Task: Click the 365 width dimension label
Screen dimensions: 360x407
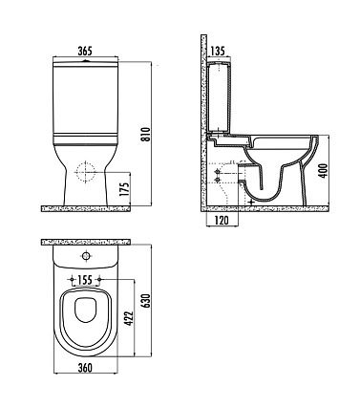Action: [x=85, y=51]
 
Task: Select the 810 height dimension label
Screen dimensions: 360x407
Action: [x=145, y=135]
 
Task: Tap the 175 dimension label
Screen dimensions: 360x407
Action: [x=126, y=189]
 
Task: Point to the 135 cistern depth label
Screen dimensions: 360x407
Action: [x=218, y=51]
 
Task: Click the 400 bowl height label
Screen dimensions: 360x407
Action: [x=323, y=171]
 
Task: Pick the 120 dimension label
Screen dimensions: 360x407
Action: [x=222, y=220]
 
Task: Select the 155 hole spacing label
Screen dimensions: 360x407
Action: [x=85, y=280]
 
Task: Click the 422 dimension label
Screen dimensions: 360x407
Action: [x=129, y=318]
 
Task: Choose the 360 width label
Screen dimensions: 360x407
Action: [x=85, y=368]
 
